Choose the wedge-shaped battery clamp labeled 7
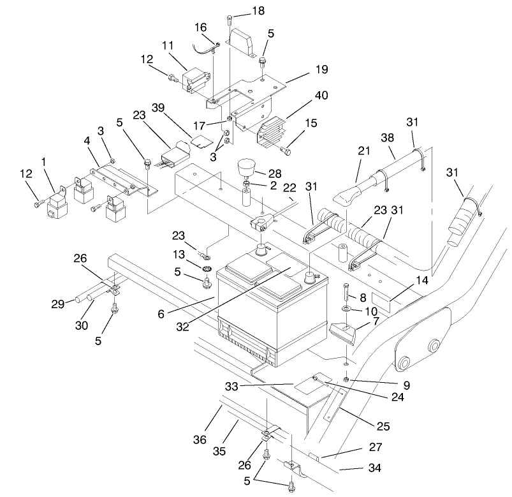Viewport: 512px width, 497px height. tap(342, 331)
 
